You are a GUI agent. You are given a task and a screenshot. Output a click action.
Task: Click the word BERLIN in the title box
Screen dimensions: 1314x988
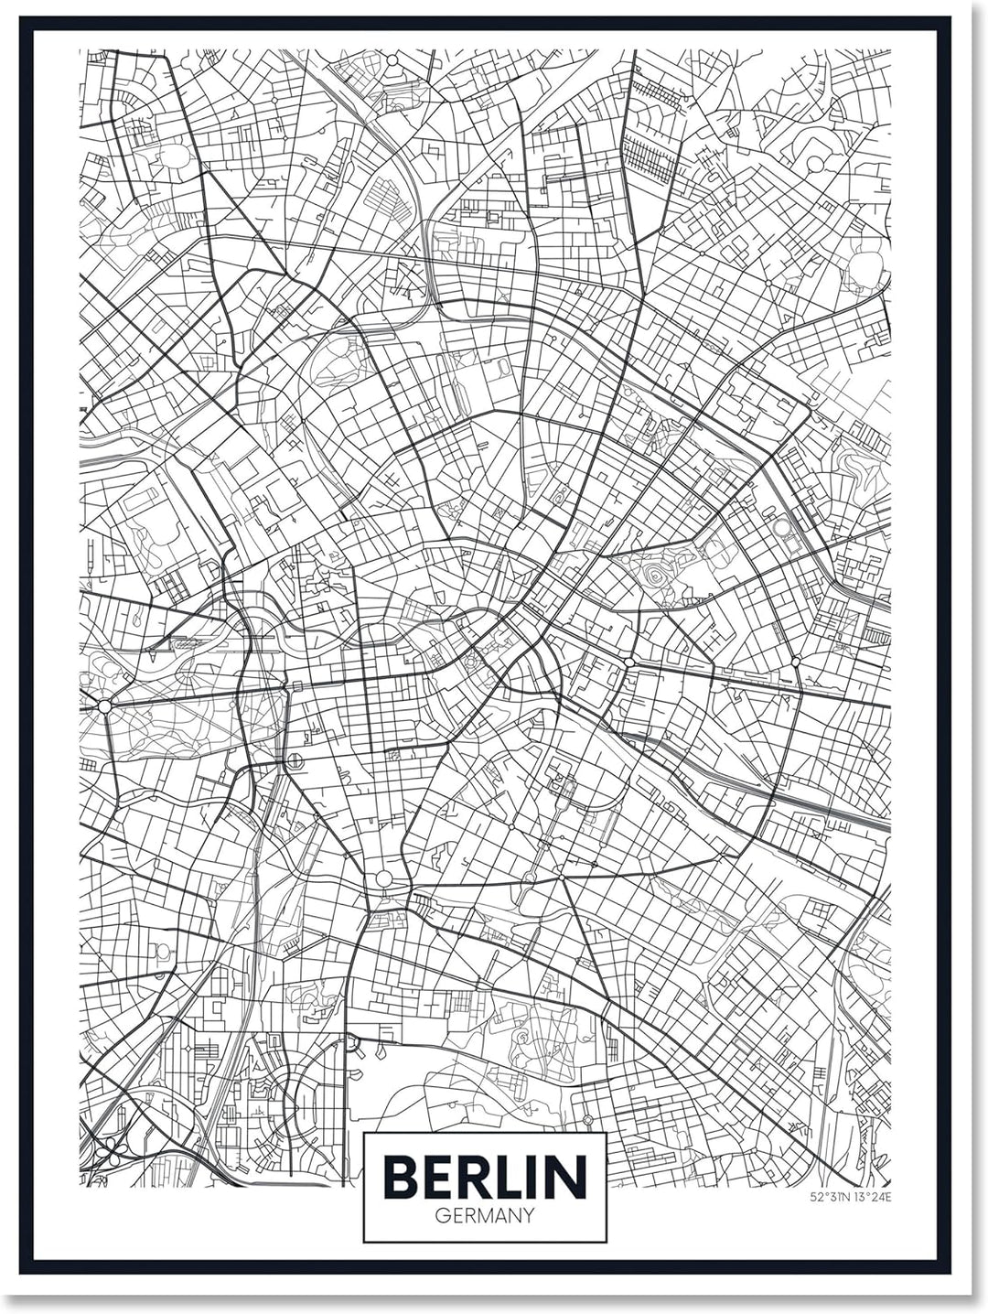pos(485,1177)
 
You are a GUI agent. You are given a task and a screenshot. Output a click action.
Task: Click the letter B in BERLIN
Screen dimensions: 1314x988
pos(399,1177)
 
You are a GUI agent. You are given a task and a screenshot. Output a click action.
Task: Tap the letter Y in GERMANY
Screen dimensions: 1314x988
pos(528,1217)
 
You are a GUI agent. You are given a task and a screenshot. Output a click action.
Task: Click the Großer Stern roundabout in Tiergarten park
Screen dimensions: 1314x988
pos(104,705)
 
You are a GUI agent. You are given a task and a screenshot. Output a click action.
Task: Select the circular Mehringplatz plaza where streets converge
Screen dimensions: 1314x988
pos(383,878)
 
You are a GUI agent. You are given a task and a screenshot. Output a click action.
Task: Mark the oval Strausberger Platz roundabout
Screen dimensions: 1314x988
pos(629,661)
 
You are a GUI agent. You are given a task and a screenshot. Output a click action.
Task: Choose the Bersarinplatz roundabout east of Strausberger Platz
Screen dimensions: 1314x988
pos(795,660)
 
